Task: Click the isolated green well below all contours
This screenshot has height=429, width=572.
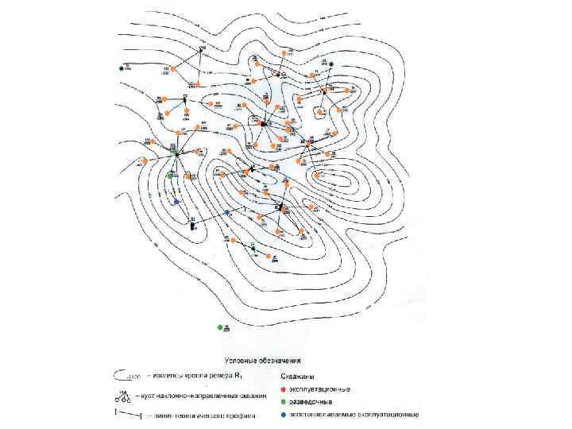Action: [x=220, y=327]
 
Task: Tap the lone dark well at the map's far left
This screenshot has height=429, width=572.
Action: [x=122, y=68]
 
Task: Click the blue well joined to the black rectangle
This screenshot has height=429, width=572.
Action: [x=227, y=212]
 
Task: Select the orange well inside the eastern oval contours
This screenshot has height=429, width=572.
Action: [x=319, y=174]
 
